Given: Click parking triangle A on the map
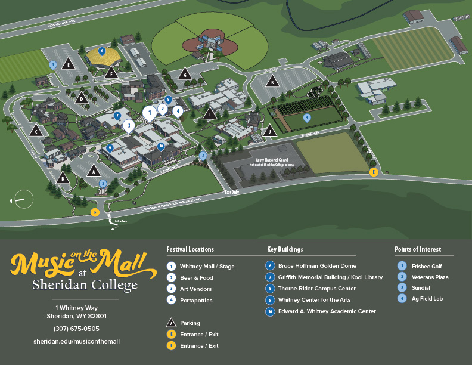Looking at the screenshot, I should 92,171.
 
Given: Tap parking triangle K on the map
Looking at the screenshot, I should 273,82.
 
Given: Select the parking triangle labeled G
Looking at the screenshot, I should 185,74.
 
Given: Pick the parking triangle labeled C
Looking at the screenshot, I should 36,131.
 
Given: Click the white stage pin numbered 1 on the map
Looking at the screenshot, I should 150,112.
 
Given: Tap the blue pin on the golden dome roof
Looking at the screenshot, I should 102,51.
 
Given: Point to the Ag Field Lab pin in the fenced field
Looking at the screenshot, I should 307,118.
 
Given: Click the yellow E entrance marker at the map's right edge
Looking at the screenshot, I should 374,172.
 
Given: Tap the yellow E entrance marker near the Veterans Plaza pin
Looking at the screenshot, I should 94,212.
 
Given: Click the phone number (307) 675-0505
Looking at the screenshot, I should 76,329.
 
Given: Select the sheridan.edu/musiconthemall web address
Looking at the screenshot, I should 76,341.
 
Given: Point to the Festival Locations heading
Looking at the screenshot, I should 190,249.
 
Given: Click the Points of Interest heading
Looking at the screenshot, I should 418,249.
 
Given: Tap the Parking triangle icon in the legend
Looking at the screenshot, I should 171,323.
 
